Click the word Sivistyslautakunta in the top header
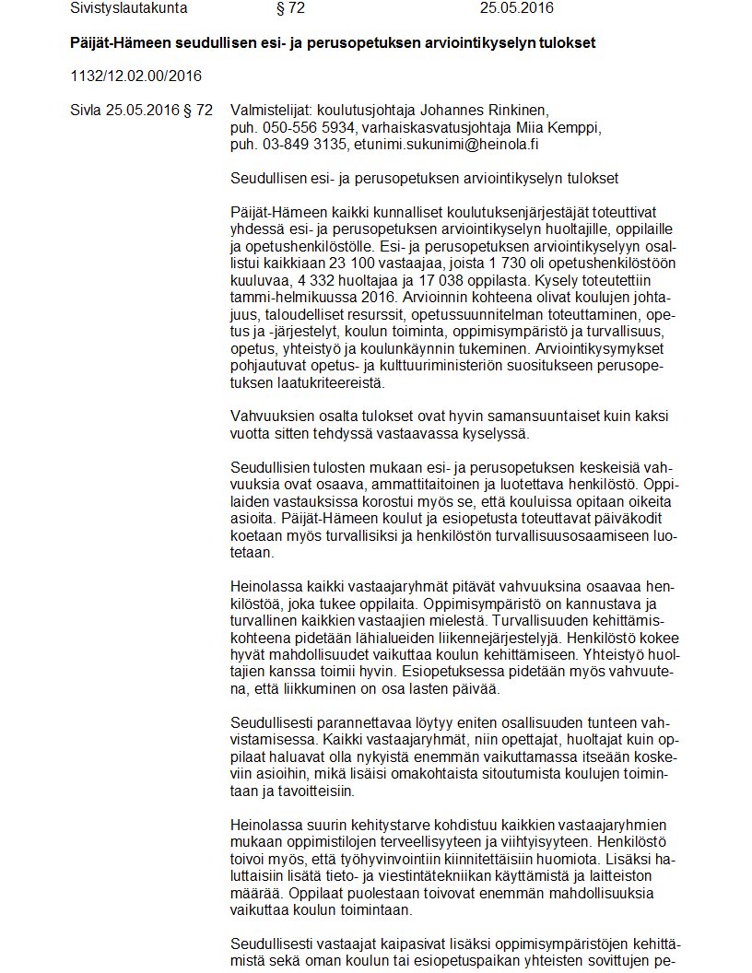[x=129, y=8]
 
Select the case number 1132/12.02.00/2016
[x=135, y=76]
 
